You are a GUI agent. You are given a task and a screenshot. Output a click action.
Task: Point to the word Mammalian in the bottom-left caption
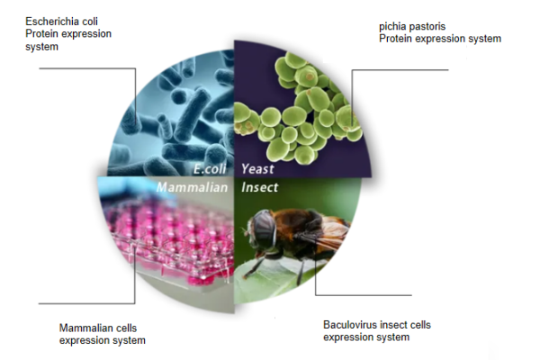pyautogui.click(x=79, y=328)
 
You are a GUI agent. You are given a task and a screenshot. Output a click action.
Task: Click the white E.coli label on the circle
pyautogui.click(x=210, y=169)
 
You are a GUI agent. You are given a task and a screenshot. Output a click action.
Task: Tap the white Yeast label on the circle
pyautogui.click(x=257, y=169)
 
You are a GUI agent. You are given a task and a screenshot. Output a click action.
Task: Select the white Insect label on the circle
pyautogui.click(x=260, y=187)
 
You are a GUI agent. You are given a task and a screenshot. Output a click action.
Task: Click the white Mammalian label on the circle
pyautogui.click(x=193, y=187)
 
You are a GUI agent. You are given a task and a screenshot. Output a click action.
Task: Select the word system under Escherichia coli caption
pyautogui.click(x=41, y=47)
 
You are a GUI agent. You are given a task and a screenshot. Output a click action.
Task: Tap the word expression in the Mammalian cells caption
pyautogui.click(x=82, y=340)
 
